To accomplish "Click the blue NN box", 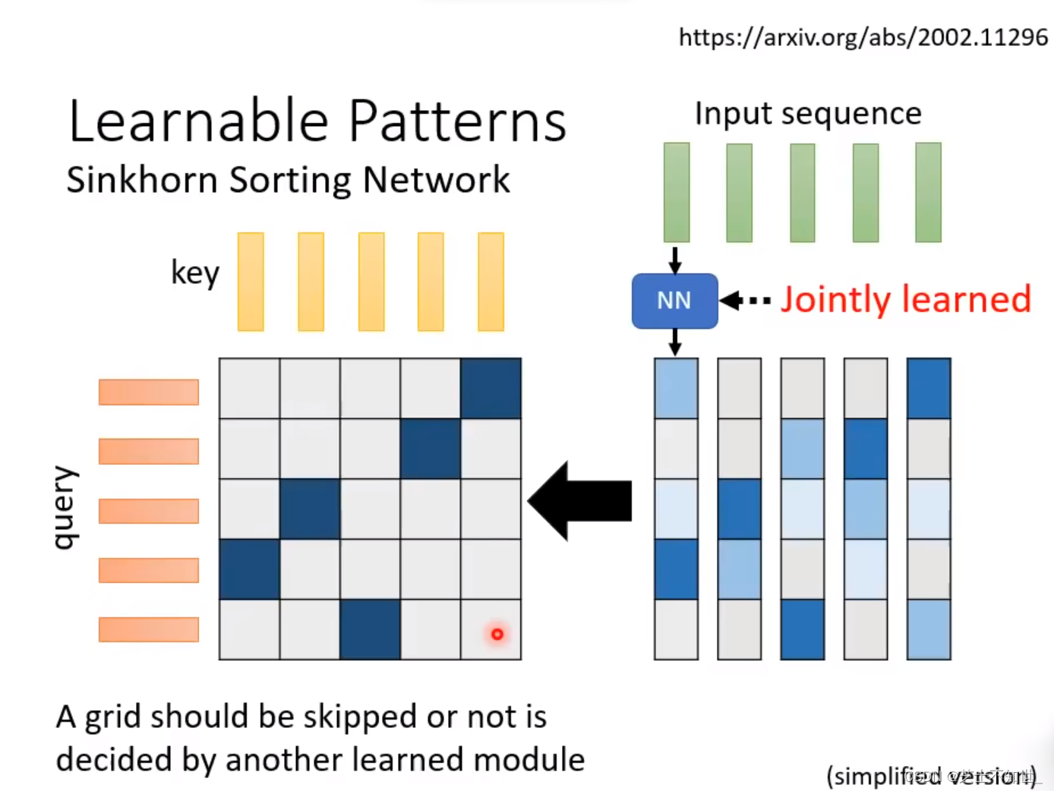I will [674, 301].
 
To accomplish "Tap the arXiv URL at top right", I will [863, 37].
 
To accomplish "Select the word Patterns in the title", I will [457, 121].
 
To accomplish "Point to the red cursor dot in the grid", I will [497, 634].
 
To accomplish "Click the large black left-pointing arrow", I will [580, 501].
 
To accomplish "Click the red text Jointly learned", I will [905, 299].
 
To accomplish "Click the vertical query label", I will [65, 506].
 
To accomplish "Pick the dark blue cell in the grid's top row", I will [491, 388].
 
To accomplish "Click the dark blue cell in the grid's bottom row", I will [370, 629].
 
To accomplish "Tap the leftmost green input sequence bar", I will [677, 192].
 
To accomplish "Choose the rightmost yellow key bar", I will [491, 282].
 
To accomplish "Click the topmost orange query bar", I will [149, 392].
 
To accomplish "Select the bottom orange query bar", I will [149, 629].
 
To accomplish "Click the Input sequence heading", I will [808, 114].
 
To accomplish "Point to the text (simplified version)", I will [931, 776].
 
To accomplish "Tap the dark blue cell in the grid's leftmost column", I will [249, 569].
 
